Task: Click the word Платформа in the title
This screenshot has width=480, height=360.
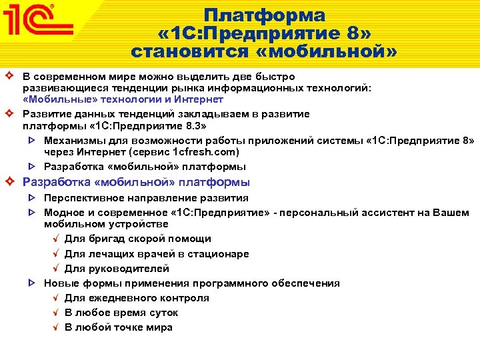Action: coord(265,15)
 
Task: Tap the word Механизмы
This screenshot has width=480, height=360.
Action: coord(74,140)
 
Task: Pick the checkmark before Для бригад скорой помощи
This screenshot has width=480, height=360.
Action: coord(56,239)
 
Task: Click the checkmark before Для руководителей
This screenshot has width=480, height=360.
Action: coord(56,269)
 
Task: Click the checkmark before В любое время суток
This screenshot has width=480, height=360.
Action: coord(56,313)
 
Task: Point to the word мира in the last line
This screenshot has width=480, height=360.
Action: coord(160,327)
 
